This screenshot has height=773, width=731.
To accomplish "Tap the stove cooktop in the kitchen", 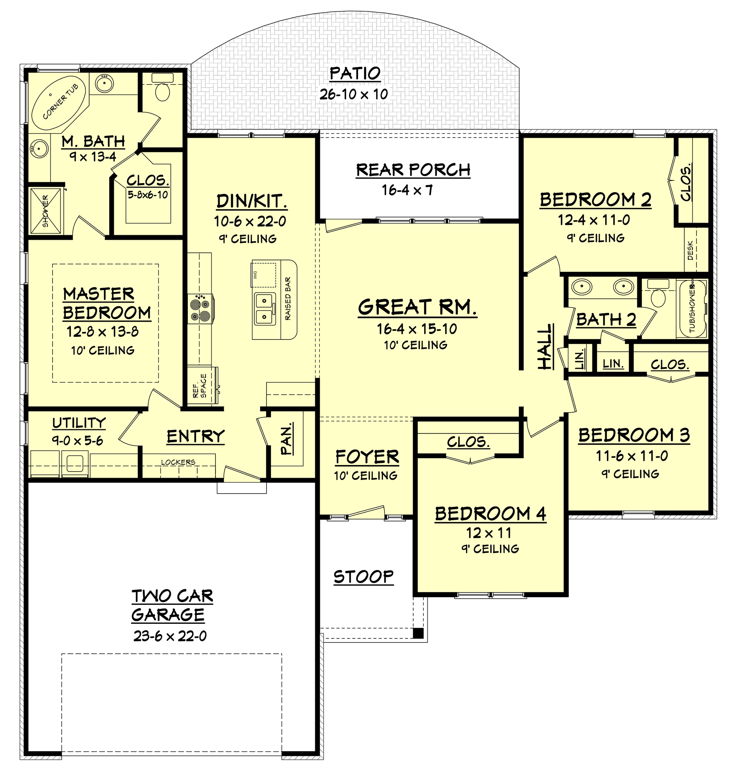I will click(201, 309).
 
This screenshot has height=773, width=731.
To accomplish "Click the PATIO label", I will click(354, 73).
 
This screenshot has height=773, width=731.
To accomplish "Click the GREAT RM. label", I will click(417, 307).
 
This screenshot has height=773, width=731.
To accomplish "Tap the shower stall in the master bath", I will click(46, 211).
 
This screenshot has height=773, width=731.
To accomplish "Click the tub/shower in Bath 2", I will click(692, 308).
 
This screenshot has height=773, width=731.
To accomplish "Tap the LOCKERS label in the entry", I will click(178, 462).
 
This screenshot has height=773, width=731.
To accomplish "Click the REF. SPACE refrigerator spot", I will click(200, 386).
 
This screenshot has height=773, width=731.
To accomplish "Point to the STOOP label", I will click(364, 577).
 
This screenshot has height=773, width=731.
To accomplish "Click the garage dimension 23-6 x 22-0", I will click(170, 636).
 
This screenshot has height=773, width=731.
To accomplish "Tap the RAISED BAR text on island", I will click(288, 298).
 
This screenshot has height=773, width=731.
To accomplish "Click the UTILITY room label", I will click(79, 423).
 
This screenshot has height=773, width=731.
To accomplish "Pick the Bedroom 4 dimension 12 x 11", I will click(489, 532).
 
